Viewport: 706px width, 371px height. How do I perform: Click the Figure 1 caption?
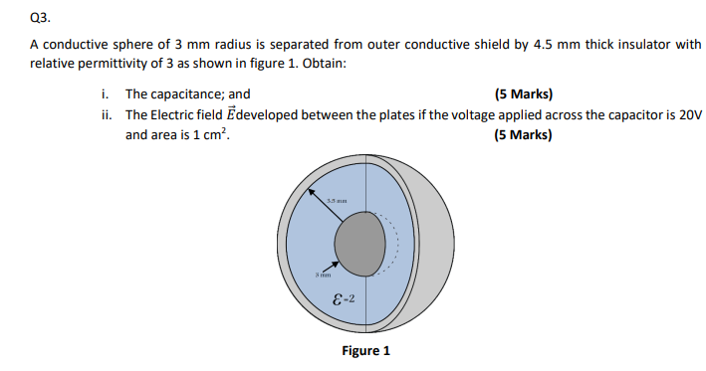coord(365,351)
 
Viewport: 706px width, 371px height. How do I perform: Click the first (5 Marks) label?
coord(522,94)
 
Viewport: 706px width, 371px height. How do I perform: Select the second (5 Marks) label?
coord(522,133)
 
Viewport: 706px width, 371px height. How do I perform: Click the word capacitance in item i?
coord(189,94)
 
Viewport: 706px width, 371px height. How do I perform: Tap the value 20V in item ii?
coord(690,114)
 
